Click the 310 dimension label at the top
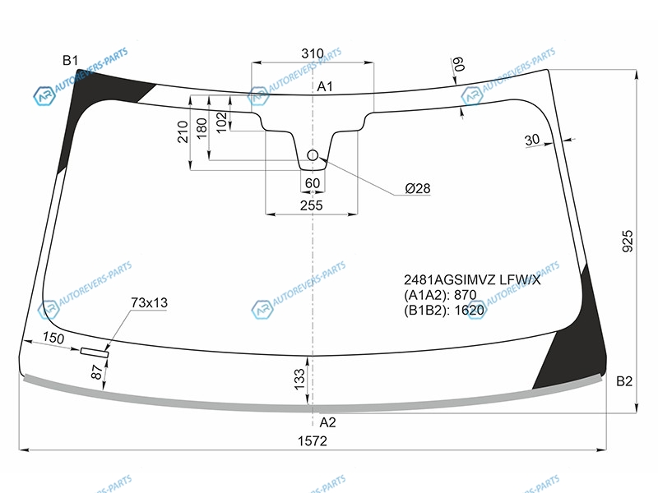coord(313,53)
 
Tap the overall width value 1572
coord(313,441)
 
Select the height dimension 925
coord(627,241)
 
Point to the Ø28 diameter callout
coord(418,188)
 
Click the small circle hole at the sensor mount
coord(313,155)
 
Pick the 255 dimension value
coord(312,205)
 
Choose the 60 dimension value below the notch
coord(313,183)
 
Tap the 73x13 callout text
coord(150,302)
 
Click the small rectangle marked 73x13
coord(95,352)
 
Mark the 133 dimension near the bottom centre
coord(299,379)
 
